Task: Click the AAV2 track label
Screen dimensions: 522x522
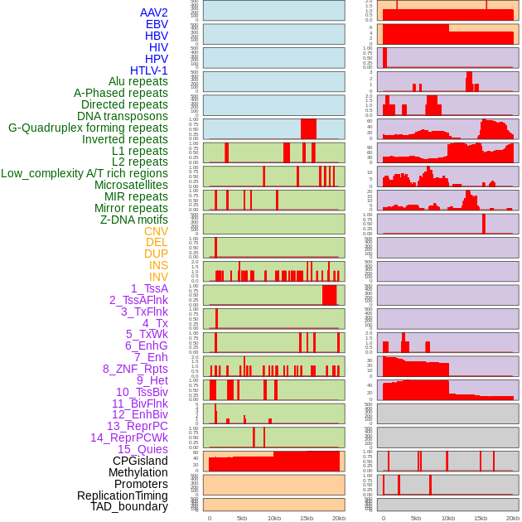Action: pyautogui.click(x=153, y=12)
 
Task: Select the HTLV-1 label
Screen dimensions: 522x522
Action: pyautogui.click(x=148, y=70)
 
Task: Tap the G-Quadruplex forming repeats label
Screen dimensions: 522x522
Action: pyautogui.click(x=88, y=128)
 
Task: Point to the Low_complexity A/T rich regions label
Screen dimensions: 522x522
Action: pyautogui.click(x=85, y=173)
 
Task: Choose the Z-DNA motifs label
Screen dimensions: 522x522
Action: pyautogui.click(x=133, y=220)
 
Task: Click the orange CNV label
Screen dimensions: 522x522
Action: pyautogui.click(x=156, y=231)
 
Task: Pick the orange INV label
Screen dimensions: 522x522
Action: pyautogui.click(x=158, y=277)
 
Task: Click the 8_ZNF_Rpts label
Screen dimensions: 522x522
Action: pyautogui.click(x=135, y=369)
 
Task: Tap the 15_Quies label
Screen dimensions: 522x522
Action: pyautogui.click(x=143, y=449)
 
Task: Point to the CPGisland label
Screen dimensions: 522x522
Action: pyautogui.click(x=140, y=461)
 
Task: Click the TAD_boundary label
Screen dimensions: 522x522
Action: pyautogui.click(x=128, y=506)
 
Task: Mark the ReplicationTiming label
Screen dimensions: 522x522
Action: pyautogui.click(x=122, y=495)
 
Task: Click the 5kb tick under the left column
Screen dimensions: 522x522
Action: pyautogui.click(x=242, y=518)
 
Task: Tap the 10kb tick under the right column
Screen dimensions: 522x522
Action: pyautogui.click(x=448, y=518)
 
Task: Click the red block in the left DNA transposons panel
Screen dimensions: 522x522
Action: pyautogui.click(x=308, y=129)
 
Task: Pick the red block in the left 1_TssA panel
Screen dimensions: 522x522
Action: pyautogui.click(x=329, y=295)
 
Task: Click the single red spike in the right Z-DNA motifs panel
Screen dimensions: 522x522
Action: pyautogui.click(x=484, y=224)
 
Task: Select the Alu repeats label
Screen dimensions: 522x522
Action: pyautogui.click(x=138, y=81)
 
